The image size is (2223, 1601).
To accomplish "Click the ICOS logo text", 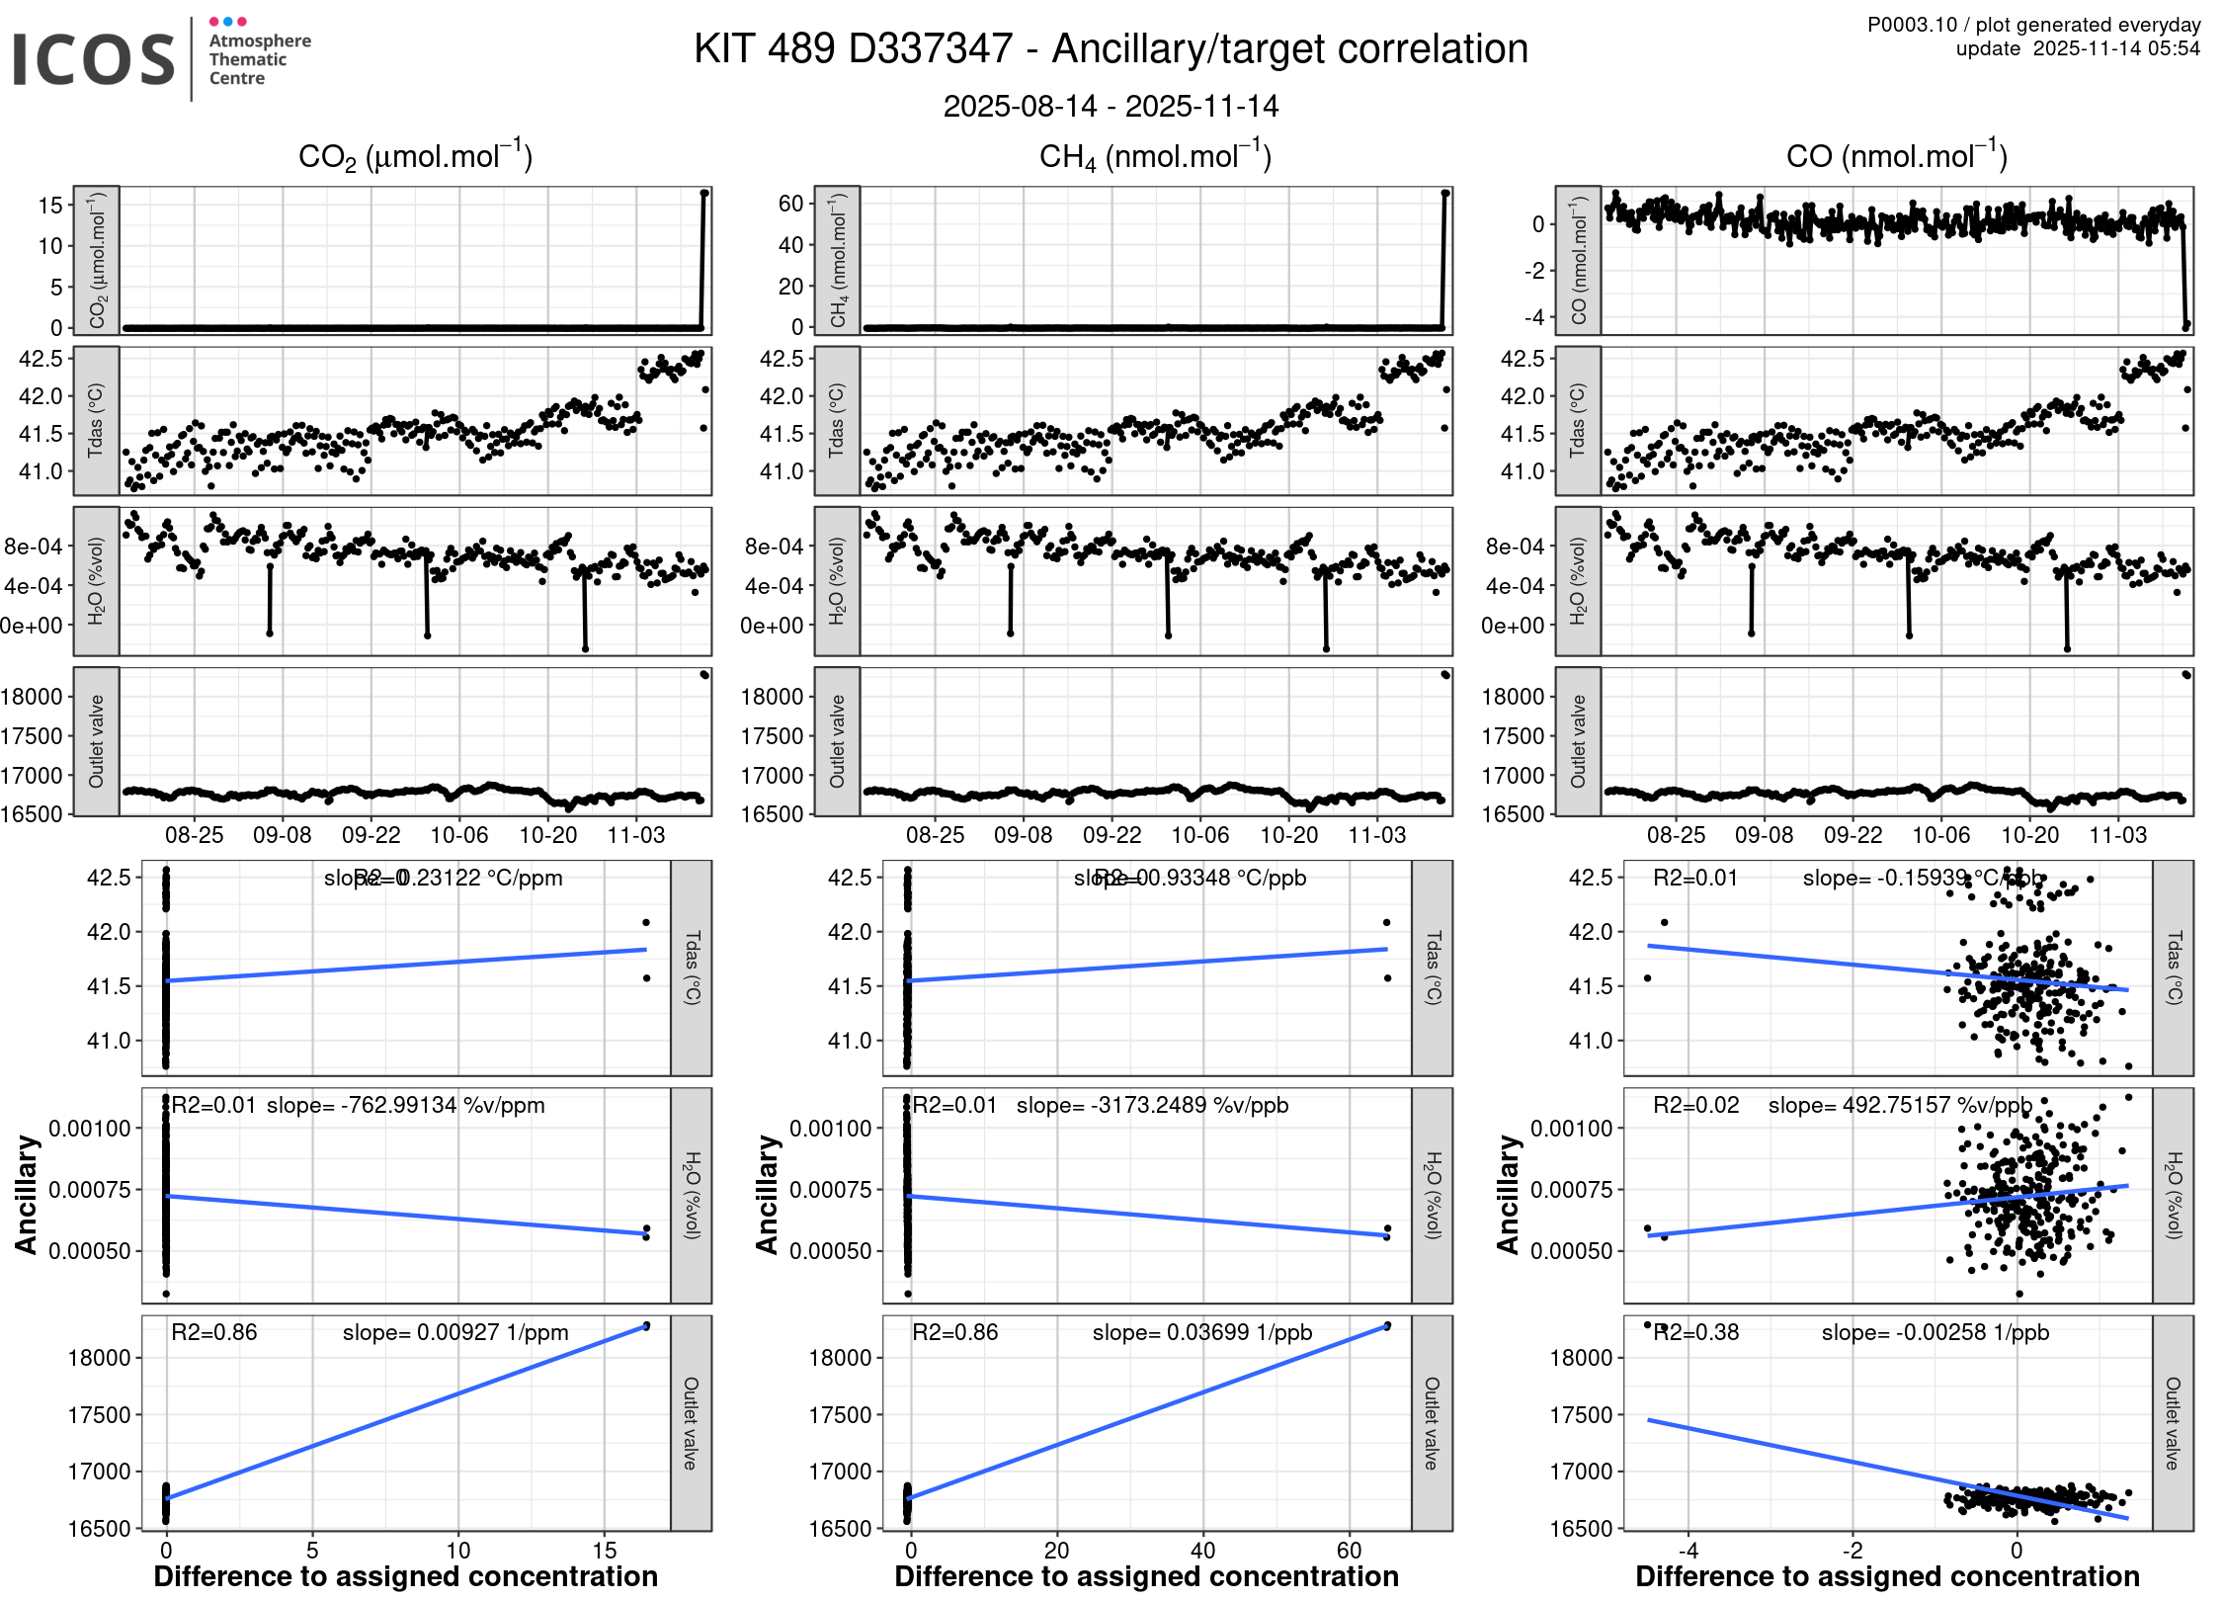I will click(94, 59).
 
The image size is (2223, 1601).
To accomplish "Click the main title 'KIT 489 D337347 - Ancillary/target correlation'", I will click(1111, 49).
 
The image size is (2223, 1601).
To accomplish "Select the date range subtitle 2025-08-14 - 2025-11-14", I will click(1111, 106).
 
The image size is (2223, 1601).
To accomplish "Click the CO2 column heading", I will click(415, 157).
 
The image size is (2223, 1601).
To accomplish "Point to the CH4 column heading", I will click(1155, 157).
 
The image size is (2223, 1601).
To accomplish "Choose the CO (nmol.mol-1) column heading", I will click(1896, 157).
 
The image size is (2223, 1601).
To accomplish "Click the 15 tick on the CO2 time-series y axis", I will click(50, 206).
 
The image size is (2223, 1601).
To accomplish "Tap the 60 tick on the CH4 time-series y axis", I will click(790, 204).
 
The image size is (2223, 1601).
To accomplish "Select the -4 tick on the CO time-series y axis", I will click(1533, 318).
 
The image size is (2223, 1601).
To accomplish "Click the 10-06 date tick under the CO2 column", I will click(459, 835).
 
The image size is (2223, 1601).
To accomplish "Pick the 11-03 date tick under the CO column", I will click(2117, 835).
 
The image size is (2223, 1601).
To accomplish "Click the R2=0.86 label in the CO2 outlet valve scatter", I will click(214, 1332).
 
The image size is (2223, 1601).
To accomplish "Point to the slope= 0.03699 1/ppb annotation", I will click(1201, 1332).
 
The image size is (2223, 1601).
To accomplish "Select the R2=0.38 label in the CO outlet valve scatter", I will click(1696, 1332).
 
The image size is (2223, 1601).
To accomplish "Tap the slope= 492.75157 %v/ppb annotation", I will click(1900, 1105).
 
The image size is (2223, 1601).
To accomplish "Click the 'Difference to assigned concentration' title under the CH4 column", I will click(1146, 1576).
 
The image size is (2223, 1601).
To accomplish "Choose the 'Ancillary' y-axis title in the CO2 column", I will click(26, 1195).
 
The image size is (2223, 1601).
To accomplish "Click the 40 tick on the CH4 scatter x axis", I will click(1202, 1551).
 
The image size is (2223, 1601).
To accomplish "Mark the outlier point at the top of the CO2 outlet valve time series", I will click(704, 675).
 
